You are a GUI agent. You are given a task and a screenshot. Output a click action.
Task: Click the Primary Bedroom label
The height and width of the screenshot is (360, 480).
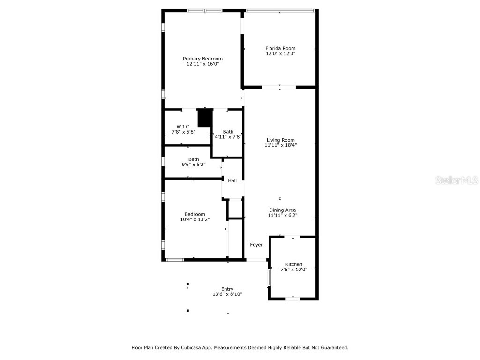[x=202, y=59]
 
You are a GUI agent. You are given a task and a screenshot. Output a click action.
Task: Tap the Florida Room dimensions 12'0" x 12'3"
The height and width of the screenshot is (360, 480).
[x=280, y=54]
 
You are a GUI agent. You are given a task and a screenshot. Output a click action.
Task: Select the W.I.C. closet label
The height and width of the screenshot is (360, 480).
[x=183, y=127]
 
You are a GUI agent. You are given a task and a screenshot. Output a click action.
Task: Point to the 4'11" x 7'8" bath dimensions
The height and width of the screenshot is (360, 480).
[x=228, y=137]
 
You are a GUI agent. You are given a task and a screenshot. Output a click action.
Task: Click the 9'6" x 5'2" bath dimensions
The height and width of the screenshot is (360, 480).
[x=193, y=165]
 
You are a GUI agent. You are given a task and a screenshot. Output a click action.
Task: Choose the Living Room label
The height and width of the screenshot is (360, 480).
[x=280, y=140]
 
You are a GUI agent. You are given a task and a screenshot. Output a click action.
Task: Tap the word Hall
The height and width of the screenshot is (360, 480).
[x=232, y=180]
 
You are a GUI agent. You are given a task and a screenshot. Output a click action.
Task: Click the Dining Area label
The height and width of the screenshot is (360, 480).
[x=282, y=210]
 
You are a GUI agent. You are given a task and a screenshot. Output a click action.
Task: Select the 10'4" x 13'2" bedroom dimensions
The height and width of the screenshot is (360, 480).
[x=195, y=219]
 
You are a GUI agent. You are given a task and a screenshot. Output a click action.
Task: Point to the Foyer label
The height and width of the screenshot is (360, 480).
[x=256, y=245]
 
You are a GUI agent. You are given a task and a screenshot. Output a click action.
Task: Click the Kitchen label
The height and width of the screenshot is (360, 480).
[x=294, y=264]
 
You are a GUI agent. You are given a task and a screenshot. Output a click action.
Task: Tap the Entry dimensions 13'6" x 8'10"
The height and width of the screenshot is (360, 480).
[x=227, y=294]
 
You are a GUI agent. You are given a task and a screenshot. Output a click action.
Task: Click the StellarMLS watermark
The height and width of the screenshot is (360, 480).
[x=457, y=180]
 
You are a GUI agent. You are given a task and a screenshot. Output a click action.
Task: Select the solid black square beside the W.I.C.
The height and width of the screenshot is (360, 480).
[x=205, y=118]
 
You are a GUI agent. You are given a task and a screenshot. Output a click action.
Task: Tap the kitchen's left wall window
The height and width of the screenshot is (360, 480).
[x=269, y=277]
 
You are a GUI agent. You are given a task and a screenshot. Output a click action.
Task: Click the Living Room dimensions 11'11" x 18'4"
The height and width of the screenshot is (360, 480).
[x=280, y=145]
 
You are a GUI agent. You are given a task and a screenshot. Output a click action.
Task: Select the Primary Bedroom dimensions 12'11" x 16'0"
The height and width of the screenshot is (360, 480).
[x=202, y=64]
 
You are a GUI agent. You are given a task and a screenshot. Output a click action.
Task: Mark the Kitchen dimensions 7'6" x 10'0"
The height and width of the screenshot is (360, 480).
[x=294, y=270]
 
